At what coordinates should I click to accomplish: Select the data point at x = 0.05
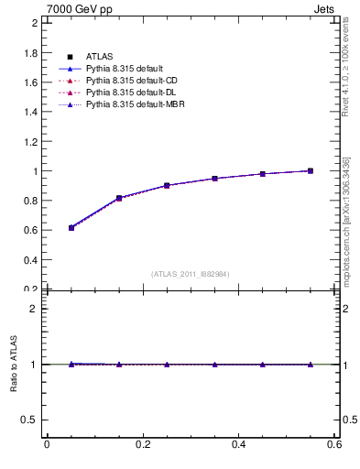(x=71, y=227)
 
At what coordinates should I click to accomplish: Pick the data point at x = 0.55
(x=311, y=170)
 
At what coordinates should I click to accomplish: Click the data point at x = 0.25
(x=167, y=185)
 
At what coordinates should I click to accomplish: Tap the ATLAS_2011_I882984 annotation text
(x=191, y=274)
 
